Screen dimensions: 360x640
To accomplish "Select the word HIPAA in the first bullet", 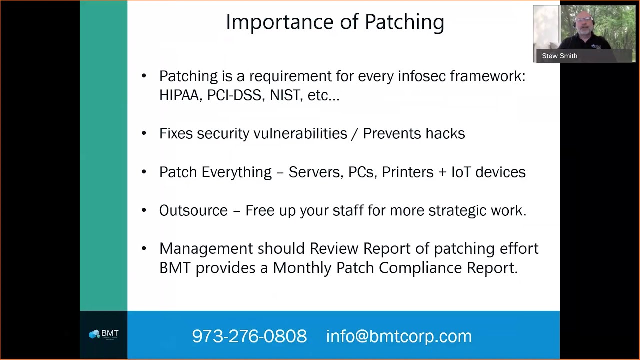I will [x=179, y=95].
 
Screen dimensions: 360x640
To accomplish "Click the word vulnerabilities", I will [x=300, y=133].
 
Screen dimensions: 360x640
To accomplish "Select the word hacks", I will [x=445, y=133].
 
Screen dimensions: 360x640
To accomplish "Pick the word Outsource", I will [x=193, y=210].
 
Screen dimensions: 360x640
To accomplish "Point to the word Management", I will [x=206, y=248].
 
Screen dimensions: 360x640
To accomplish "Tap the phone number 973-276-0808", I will [x=249, y=336].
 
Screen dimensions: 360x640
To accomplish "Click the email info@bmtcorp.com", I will [x=399, y=336].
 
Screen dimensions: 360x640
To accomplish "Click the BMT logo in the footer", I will [x=104, y=334].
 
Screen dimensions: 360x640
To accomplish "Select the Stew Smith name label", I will [x=559, y=56].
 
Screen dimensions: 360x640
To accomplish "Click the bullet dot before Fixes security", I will [x=144, y=133].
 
